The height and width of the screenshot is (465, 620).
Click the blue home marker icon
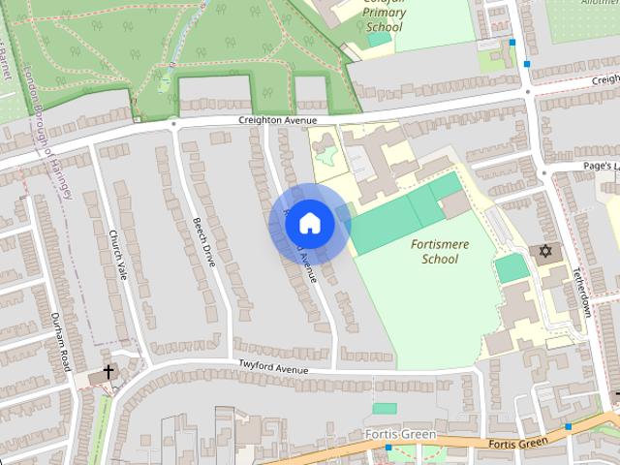309,224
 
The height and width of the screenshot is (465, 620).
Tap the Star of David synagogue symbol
545,252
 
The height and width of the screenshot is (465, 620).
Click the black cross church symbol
108,371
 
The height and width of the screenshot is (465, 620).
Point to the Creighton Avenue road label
279,120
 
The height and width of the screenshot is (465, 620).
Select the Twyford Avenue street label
273,369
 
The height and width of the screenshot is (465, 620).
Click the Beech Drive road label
203,242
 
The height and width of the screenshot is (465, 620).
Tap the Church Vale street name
118,251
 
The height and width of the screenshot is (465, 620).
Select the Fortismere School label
440,252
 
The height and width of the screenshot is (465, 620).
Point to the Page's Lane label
601,167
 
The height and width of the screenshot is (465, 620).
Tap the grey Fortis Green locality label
401,433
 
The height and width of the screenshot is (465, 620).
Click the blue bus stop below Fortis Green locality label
387,448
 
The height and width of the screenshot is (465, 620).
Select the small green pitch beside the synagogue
511,268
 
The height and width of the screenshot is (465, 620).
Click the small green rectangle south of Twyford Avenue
385,409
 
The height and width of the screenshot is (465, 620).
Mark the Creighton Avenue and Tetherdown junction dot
529,92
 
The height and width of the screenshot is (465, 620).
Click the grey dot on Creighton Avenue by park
174,124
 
